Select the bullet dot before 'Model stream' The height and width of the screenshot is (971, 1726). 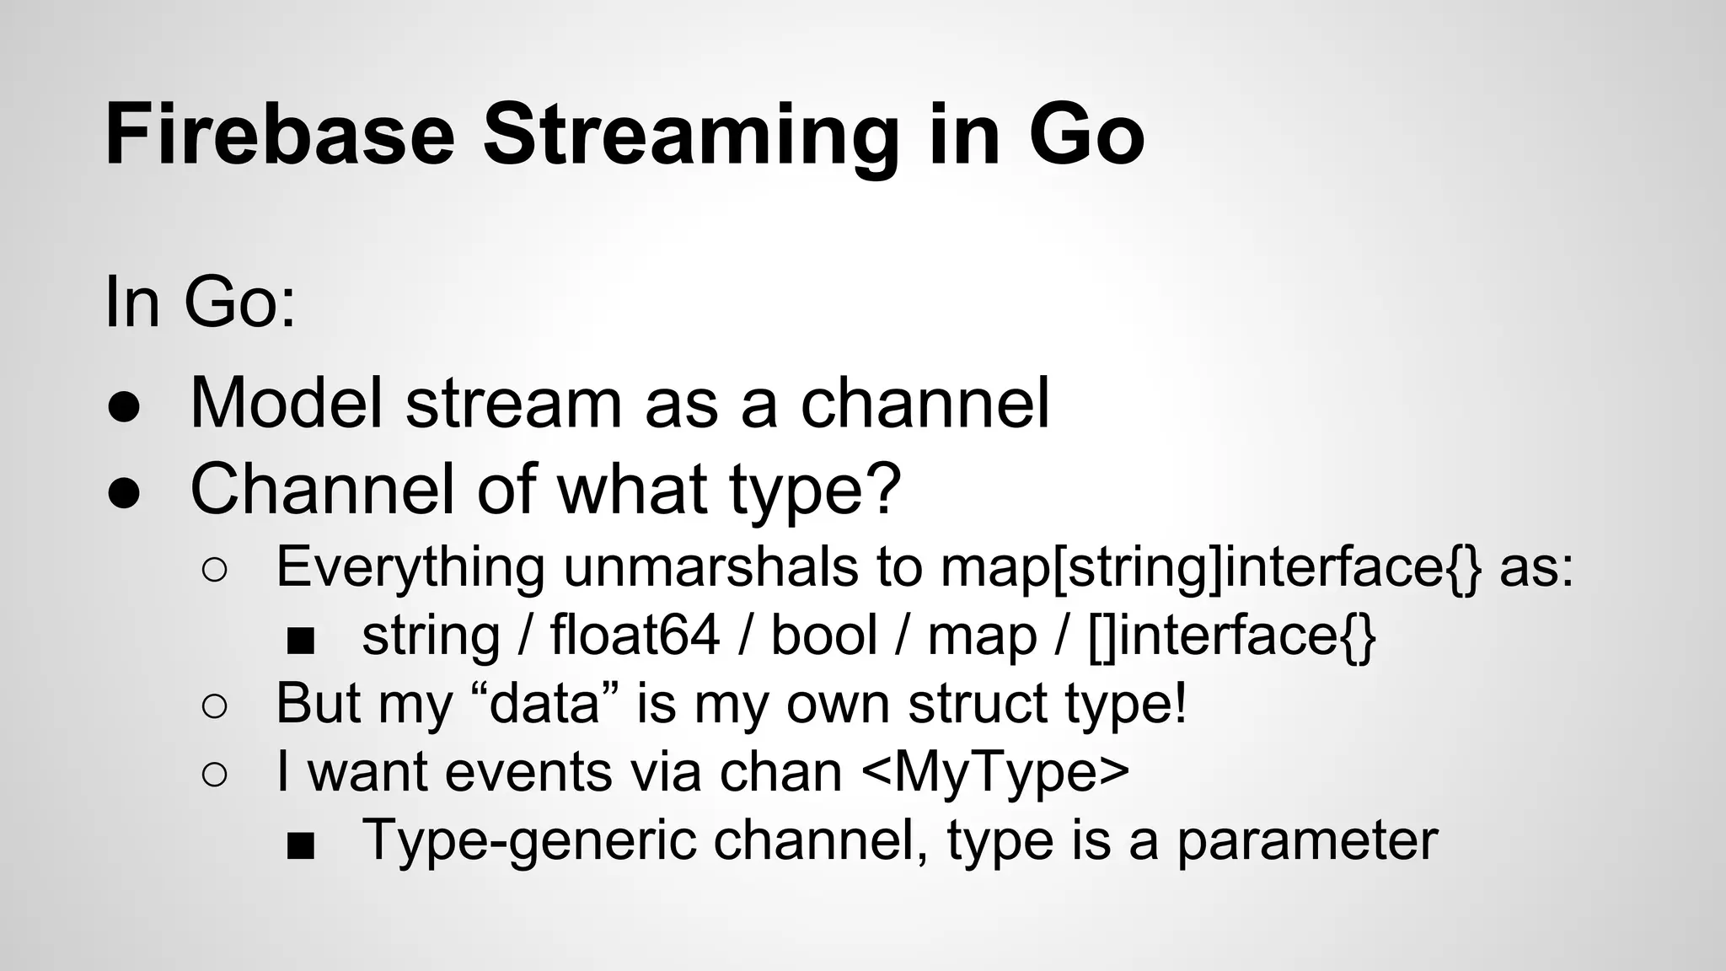click(124, 406)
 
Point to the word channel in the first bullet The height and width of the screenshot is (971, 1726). click(925, 402)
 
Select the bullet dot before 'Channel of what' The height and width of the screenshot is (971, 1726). click(124, 494)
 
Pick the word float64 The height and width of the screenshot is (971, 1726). click(635, 635)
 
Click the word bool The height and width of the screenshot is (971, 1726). click(824, 635)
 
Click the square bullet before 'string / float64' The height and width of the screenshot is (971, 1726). click(300, 641)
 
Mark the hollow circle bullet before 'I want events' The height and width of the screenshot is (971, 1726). click(215, 775)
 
